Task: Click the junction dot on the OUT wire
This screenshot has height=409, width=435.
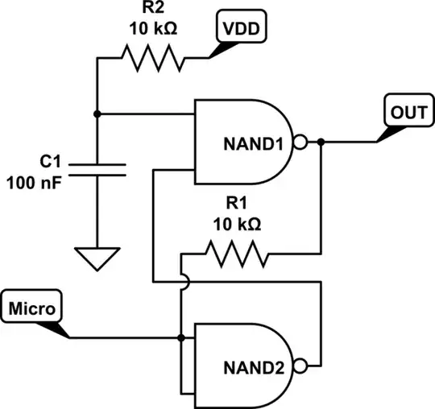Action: [321, 143]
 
